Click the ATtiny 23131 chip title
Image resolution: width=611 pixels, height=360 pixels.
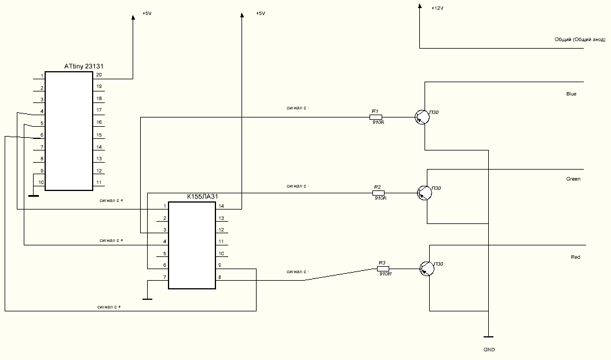coord(87,67)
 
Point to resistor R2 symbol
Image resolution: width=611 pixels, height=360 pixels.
coord(379,193)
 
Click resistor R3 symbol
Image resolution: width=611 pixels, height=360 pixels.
coord(383,269)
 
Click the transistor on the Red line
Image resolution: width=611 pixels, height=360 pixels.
coord(427,268)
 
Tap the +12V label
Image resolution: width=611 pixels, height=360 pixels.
coord(438,9)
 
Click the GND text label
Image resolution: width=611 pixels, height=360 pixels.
coord(489,350)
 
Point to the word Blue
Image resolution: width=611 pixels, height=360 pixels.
coord(571,94)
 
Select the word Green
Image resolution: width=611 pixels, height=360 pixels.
coord(573,179)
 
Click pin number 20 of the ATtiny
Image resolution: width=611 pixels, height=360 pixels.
coord(99,75)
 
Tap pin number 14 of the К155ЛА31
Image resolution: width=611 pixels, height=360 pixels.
coord(221,206)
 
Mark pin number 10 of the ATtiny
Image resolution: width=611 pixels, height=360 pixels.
coord(41,182)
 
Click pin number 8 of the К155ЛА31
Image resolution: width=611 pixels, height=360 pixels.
coord(219,277)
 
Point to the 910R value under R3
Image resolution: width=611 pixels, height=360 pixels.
coord(386,274)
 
